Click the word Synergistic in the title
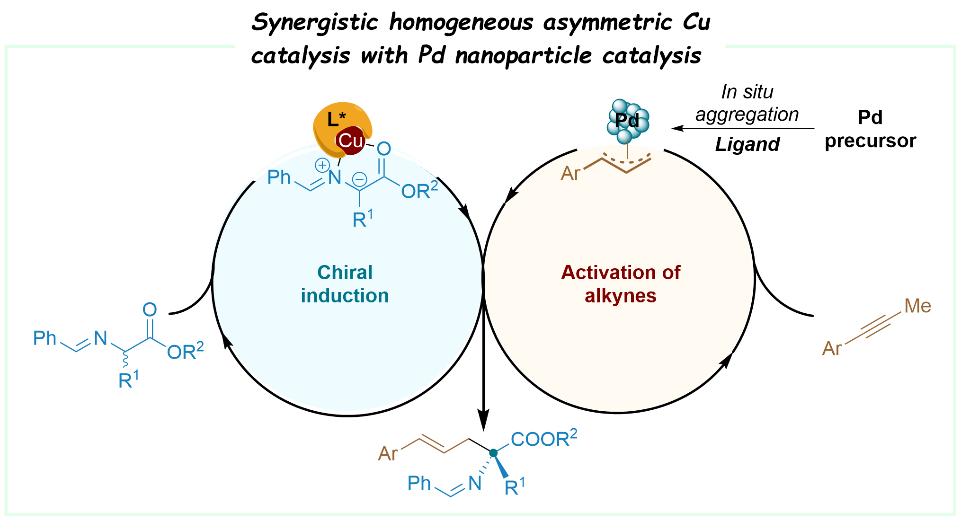[x=315, y=23]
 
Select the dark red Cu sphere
[x=351, y=140]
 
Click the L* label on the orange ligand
[x=336, y=119]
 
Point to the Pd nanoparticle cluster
[x=628, y=121]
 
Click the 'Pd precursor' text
[x=870, y=129]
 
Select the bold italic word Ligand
[x=747, y=144]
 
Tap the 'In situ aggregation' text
[x=747, y=103]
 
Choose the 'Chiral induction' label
[x=345, y=284]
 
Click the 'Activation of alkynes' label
[x=620, y=284]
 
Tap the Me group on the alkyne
[x=917, y=306]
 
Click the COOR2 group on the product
[x=544, y=439]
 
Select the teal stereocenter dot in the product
[x=493, y=453]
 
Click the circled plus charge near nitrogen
[x=322, y=165]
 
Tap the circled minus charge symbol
[x=360, y=179]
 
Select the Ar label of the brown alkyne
[x=832, y=349]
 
